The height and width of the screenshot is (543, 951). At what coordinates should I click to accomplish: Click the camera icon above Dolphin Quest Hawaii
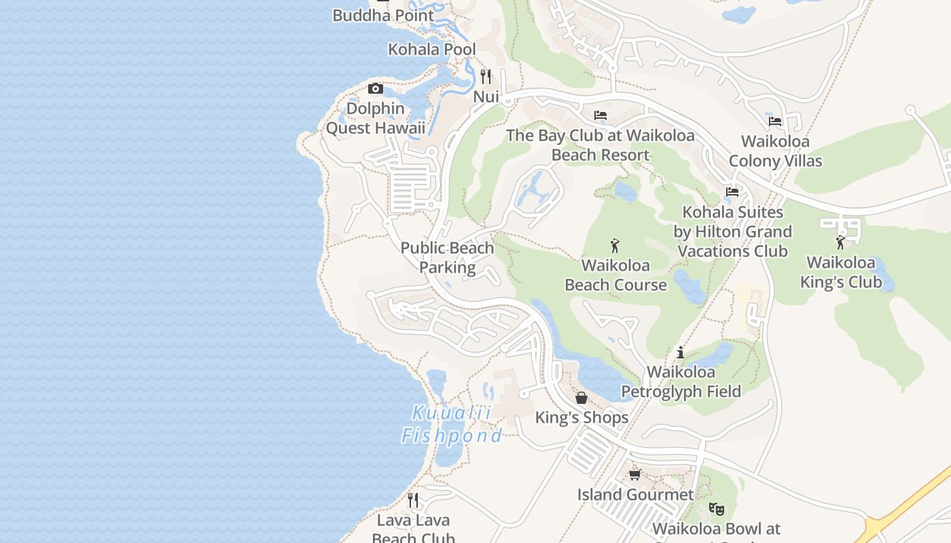(x=375, y=88)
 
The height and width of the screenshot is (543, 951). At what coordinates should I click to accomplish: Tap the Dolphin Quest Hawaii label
(x=376, y=118)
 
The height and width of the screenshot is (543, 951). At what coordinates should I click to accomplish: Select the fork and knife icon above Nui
(x=486, y=76)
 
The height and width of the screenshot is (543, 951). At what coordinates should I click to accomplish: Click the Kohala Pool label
(x=431, y=50)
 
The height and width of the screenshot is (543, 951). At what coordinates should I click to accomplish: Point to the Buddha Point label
(x=383, y=15)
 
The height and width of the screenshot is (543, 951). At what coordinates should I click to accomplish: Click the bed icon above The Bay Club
(x=600, y=115)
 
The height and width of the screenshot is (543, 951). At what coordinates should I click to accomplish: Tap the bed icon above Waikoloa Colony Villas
(x=775, y=121)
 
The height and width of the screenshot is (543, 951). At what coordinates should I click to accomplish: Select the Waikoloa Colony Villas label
(x=775, y=151)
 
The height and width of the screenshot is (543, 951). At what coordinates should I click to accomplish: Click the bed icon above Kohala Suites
(x=732, y=192)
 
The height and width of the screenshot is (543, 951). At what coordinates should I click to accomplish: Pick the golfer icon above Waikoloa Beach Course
(x=615, y=245)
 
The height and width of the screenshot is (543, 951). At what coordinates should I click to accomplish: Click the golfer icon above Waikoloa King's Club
(x=840, y=242)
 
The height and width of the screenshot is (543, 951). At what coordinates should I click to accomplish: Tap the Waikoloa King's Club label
(x=840, y=272)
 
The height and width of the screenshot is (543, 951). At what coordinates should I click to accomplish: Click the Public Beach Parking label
(x=447, y=257)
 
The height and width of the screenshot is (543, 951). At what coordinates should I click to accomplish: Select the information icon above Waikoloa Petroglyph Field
(x=681, y=352)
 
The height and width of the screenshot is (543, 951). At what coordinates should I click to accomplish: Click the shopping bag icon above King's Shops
(x=581, y=397)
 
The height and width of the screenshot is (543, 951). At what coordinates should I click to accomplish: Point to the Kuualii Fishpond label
(x=452, y=424)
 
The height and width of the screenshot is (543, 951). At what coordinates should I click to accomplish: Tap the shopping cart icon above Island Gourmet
(x=635, y=474)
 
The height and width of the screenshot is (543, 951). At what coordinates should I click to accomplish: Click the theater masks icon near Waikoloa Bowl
(x=716, y=508)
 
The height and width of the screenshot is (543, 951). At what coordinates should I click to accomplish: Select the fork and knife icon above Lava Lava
(x=413, y=500)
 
